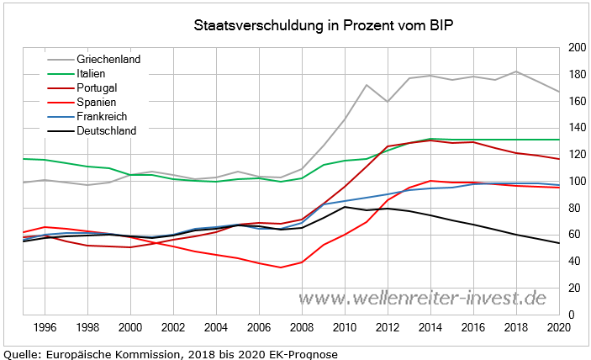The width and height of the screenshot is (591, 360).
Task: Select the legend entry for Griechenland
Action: pos(108,60)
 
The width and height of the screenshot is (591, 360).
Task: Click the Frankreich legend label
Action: pos(102,116)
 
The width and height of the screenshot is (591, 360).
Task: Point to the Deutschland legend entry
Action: pos(106,130)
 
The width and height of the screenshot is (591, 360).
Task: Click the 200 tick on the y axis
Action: pos(576,48)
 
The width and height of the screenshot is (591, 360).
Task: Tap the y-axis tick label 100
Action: pos(576,181)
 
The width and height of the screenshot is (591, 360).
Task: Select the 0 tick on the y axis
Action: pos(571,315)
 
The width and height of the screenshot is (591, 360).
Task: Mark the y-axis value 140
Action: pos(576,128)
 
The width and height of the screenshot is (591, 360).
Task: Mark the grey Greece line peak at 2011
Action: pos(367,85)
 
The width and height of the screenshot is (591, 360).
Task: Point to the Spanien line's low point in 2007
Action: pos(280,267)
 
